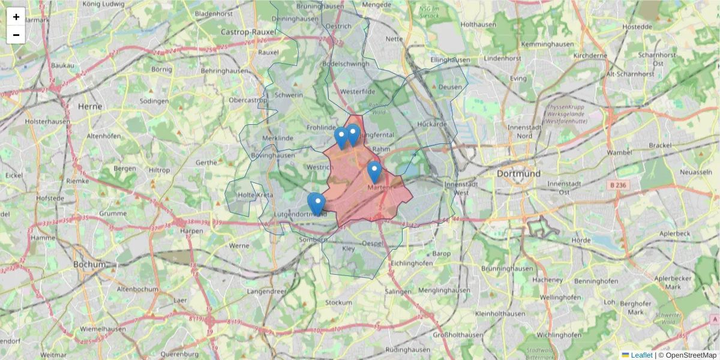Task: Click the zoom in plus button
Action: [x=16, y=17]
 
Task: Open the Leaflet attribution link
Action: [x=641, y=355]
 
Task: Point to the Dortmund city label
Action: [x=518, y=173]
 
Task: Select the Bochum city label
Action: [x=89, y=264]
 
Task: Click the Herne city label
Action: [x=90, y=106]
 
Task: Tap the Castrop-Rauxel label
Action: [x=248, y=31]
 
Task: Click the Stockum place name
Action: [x=338, y=302]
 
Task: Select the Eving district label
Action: [x=518, y=78]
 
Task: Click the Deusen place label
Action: [x=451, y=87]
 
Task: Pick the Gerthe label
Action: [x=206, y=163]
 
